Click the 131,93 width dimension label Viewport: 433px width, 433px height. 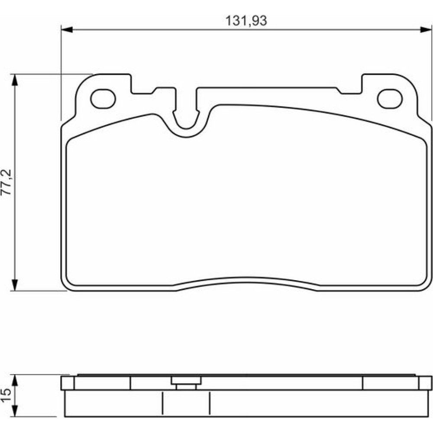(x=246, y=21)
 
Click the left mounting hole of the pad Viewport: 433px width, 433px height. (x=103, y=99)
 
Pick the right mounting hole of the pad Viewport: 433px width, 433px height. (x=390, y=99)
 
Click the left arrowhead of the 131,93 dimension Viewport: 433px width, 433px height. (x=67, y=29)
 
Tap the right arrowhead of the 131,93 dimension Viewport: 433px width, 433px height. (x=426, y=29)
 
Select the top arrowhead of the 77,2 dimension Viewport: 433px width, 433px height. (x=15, y=80)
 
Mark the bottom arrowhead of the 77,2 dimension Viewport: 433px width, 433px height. (x=15, y=285)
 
